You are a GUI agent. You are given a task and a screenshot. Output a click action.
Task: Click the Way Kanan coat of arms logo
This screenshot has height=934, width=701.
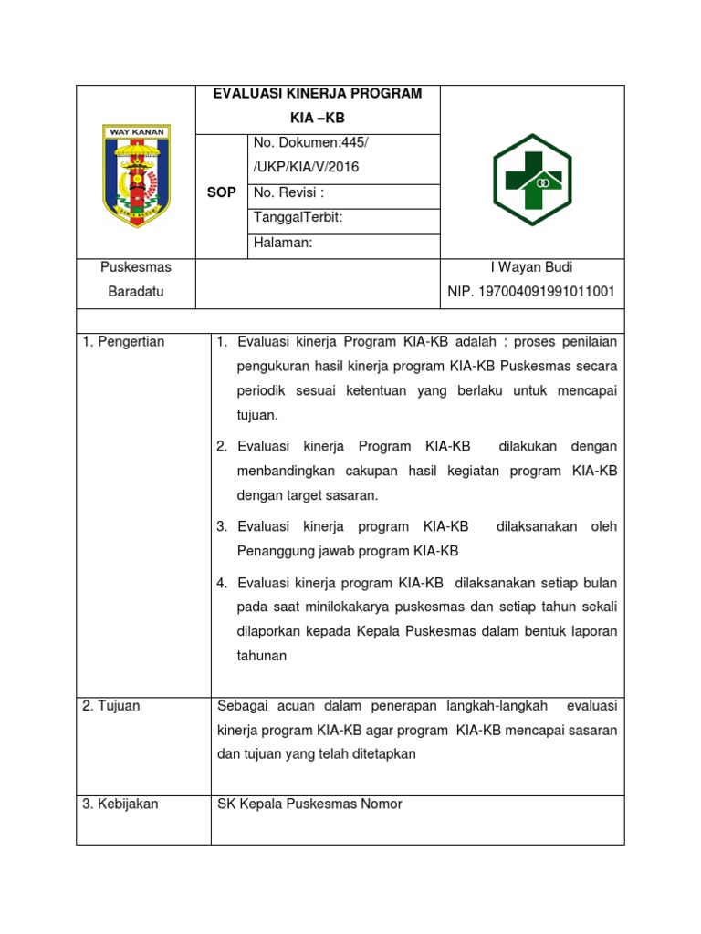(x=136, y=176)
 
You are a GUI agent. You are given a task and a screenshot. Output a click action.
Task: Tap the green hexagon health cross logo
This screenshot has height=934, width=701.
(x=532, y=179)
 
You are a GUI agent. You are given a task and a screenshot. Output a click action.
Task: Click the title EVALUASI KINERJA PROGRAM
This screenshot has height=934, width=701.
(x=318, y=95)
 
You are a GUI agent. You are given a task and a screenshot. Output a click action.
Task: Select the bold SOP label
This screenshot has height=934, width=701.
(x=222, y=192)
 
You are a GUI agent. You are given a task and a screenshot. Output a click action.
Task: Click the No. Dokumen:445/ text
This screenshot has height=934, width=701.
(x=310, y=143)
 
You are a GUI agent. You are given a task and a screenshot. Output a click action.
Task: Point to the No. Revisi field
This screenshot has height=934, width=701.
(x=288, y=192)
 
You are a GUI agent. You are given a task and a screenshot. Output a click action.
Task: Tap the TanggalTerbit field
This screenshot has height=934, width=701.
(x=298, y=217)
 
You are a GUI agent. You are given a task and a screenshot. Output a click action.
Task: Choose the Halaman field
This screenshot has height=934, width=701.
(x=283, y=242)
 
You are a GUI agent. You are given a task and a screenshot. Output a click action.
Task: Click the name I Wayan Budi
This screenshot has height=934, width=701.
(x=532, y=267)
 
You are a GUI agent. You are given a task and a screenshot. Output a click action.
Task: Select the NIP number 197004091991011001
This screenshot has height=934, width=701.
(x=531, y=292)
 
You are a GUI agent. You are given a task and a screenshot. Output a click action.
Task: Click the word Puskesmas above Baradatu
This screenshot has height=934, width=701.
(x=136, y=267)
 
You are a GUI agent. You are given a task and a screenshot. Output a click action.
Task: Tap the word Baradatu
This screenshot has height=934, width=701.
(x=136, y=292)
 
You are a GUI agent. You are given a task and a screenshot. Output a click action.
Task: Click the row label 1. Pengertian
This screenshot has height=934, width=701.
(x=123, y=342)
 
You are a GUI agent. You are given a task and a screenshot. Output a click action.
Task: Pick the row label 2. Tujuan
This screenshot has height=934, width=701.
(x=111, y=706)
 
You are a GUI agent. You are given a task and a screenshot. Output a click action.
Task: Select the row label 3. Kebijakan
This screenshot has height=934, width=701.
(x=120, y=804)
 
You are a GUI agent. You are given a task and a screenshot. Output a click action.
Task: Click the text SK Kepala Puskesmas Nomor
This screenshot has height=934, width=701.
(x=309, y=804)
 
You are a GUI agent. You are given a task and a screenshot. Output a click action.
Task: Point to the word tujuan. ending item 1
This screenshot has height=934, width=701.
(x=256, y=415)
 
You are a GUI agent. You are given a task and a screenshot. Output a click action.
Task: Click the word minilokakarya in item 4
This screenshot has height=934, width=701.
(x=340, y=607)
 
